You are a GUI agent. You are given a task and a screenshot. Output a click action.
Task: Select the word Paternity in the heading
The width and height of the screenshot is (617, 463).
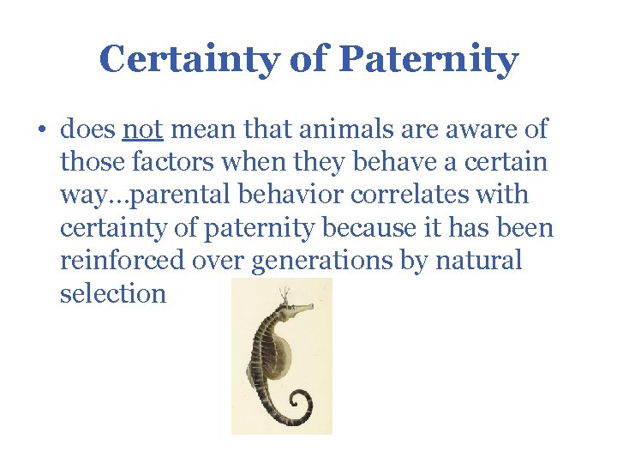(x=428, y=60)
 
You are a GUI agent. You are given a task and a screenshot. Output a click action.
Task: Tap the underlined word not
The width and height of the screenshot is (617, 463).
(x=144, y=130)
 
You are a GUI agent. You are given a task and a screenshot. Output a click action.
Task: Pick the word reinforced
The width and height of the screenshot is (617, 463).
(x=119, y=261)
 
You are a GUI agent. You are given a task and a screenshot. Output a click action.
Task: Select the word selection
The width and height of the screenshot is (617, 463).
(x=113, y=293)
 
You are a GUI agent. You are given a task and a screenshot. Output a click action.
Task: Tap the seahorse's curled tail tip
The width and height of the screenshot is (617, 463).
(x=301, y=401)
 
